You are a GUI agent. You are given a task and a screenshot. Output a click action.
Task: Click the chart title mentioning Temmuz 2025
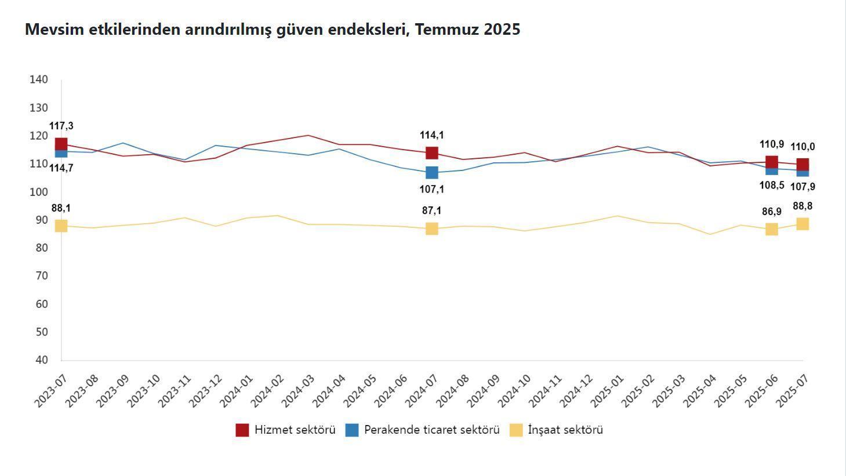(x=273, y=30)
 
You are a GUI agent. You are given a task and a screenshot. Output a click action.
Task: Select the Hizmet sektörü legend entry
(x=285, y=430)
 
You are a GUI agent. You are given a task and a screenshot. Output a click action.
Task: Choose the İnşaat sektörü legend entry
(x=556, y=430)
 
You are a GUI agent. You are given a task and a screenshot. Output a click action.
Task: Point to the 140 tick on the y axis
(x=38, y=79)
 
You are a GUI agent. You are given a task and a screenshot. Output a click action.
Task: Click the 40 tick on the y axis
(x=41, y=360)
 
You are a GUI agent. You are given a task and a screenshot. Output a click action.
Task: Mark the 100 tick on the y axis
(x=38, y=192)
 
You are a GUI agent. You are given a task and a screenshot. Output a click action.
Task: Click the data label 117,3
(x=61, y=126)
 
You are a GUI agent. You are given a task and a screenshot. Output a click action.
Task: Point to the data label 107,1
(x=432, y=189)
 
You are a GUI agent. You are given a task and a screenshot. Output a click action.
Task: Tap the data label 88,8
(x=803, y=206)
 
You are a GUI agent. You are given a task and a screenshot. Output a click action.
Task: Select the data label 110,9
(x=772, y=144)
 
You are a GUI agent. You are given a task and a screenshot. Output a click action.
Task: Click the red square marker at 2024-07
(x=432, y=153)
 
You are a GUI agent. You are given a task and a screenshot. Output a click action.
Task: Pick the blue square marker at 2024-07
(x=432, y=173)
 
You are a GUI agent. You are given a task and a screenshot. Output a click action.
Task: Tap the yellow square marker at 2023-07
(x=61, y=226)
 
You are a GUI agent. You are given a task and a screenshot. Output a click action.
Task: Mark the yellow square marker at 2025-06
(x=772, y=230)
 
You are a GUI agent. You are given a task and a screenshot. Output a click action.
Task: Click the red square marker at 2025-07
(x=803, y=164)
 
